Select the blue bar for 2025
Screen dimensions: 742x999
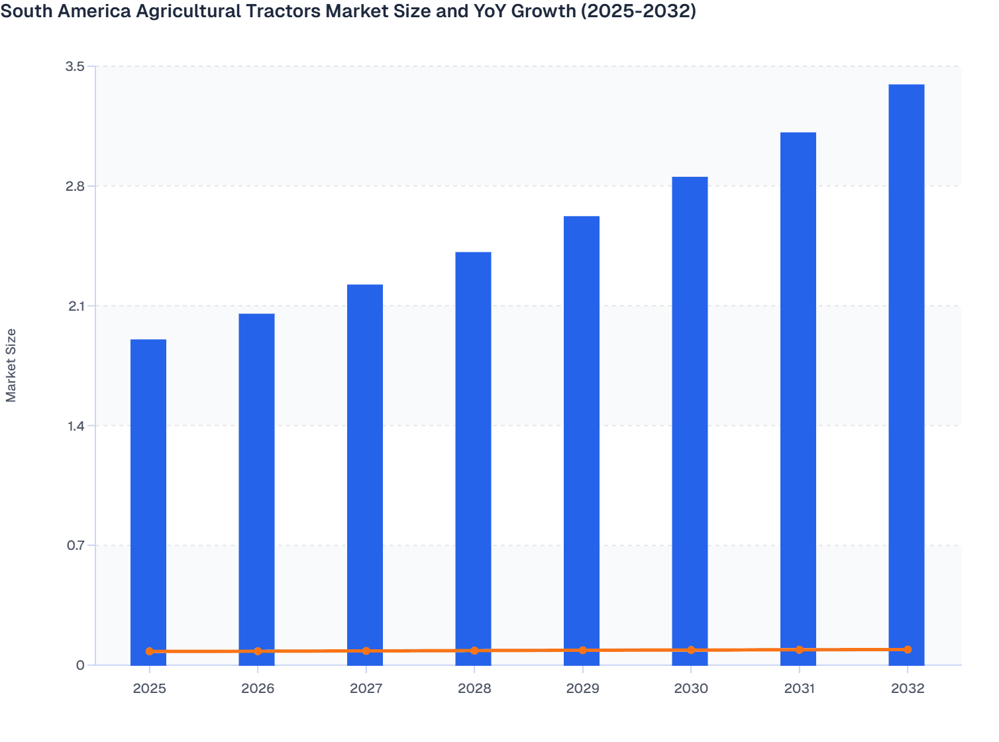click(x=148, y=497)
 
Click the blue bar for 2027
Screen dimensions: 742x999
click(x=365, y=470)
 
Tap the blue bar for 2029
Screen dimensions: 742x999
click(x=582, y=437)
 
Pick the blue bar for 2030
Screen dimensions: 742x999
click(x=690, y=417)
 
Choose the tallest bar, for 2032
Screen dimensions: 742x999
click(x=906, y=371)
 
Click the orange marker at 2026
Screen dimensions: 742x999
click(x=258, y=651)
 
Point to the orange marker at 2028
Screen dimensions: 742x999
click(x=474, y=651)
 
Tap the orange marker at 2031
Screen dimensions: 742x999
click(x=799, y=650)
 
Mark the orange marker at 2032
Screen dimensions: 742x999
click(x=908, y=650)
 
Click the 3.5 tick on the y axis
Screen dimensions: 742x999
click(x=76, y=66)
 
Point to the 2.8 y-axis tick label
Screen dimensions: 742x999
click(x=76, y=186)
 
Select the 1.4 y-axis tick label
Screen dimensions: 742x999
click(x=76, y=426)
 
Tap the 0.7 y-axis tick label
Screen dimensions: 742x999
click(x=76, y=546)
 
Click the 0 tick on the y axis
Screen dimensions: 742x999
click(x=81, y=665)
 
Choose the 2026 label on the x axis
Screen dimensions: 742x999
click(x=258, y=689)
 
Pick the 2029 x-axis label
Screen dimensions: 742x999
click(x=582, y=689)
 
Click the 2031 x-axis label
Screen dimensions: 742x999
click(x=799, y=689)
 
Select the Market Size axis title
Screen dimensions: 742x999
click(x=11, y=365)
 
